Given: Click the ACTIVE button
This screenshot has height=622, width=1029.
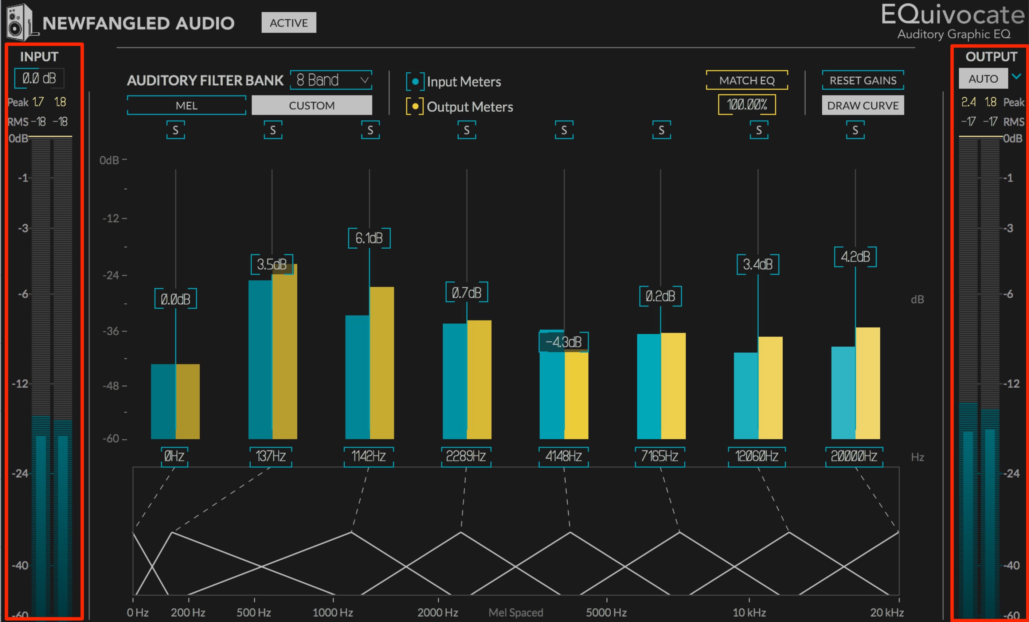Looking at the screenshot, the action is coord(289,23).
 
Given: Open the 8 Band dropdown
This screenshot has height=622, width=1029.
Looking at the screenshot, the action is coord(331,80).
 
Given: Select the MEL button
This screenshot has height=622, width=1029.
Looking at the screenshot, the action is coord(186,105).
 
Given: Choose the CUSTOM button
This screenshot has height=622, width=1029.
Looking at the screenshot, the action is coord(312,105).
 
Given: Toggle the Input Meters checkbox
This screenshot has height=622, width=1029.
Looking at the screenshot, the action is coord(415,81).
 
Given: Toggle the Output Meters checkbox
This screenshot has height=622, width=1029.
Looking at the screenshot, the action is coord(415,106).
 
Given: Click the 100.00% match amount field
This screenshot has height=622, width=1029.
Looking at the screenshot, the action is coord(747,104).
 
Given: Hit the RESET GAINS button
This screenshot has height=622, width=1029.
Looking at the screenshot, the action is coord(863,80).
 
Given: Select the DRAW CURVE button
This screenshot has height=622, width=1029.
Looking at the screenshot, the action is coord(863,105).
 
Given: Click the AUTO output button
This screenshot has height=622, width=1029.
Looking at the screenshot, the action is coord(983,78).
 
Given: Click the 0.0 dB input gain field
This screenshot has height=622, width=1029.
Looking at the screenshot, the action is coord(39,78).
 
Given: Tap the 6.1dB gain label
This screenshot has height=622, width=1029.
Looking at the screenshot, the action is coord(369,238).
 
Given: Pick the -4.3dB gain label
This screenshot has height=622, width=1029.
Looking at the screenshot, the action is coord(564,342).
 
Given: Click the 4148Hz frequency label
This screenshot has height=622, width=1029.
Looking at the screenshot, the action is coord(563,456).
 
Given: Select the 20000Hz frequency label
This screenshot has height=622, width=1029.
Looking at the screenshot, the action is coord(854,456).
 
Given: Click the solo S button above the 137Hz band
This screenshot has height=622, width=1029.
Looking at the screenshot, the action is coord(273,130).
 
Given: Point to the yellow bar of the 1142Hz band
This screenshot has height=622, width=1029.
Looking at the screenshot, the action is coord(382,362).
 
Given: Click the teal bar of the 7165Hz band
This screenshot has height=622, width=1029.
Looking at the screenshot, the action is coord(649,386).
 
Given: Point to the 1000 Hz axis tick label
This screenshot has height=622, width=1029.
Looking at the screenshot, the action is coord(333,613).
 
